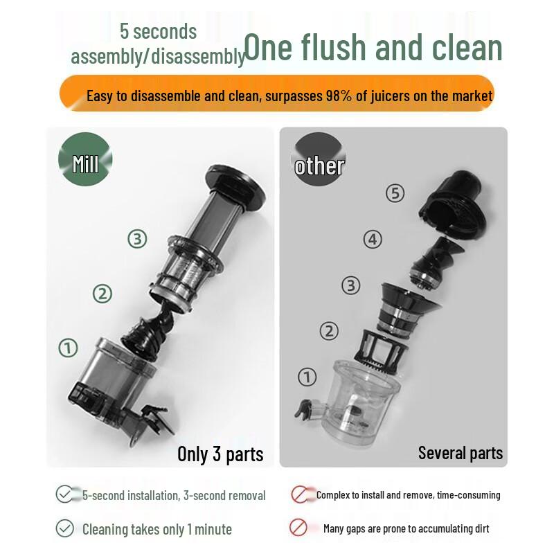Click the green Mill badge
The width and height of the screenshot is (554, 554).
[x=85, y=159]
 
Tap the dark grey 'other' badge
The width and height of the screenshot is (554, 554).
[x=319, y=160]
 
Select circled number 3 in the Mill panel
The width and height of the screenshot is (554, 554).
[x=137, y=239]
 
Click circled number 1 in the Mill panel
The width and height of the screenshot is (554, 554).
[x=68, y=348]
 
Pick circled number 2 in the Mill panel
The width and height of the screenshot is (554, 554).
[x=102, y=294]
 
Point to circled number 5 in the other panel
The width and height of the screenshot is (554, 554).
[x=395, y=193]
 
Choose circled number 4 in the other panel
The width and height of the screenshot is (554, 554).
[x=373, y=239]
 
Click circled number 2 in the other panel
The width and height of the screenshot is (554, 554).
[x=329, y=331]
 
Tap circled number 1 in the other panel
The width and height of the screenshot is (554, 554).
[x=307, y=377]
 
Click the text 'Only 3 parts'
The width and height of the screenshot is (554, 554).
[x=220, y=454]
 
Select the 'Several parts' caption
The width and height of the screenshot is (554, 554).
[x=460, y=453]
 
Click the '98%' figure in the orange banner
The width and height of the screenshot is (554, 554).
[x=339, y=96]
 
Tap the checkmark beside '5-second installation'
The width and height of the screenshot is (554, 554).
[x=64, y=494]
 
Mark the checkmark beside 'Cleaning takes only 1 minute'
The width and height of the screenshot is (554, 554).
[x=64, y=528]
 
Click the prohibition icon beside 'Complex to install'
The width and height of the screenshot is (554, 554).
[x=300, y=494]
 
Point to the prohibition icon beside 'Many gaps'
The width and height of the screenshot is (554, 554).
[x=298, y=528]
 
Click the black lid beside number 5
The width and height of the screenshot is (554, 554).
[x=454, y=203]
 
